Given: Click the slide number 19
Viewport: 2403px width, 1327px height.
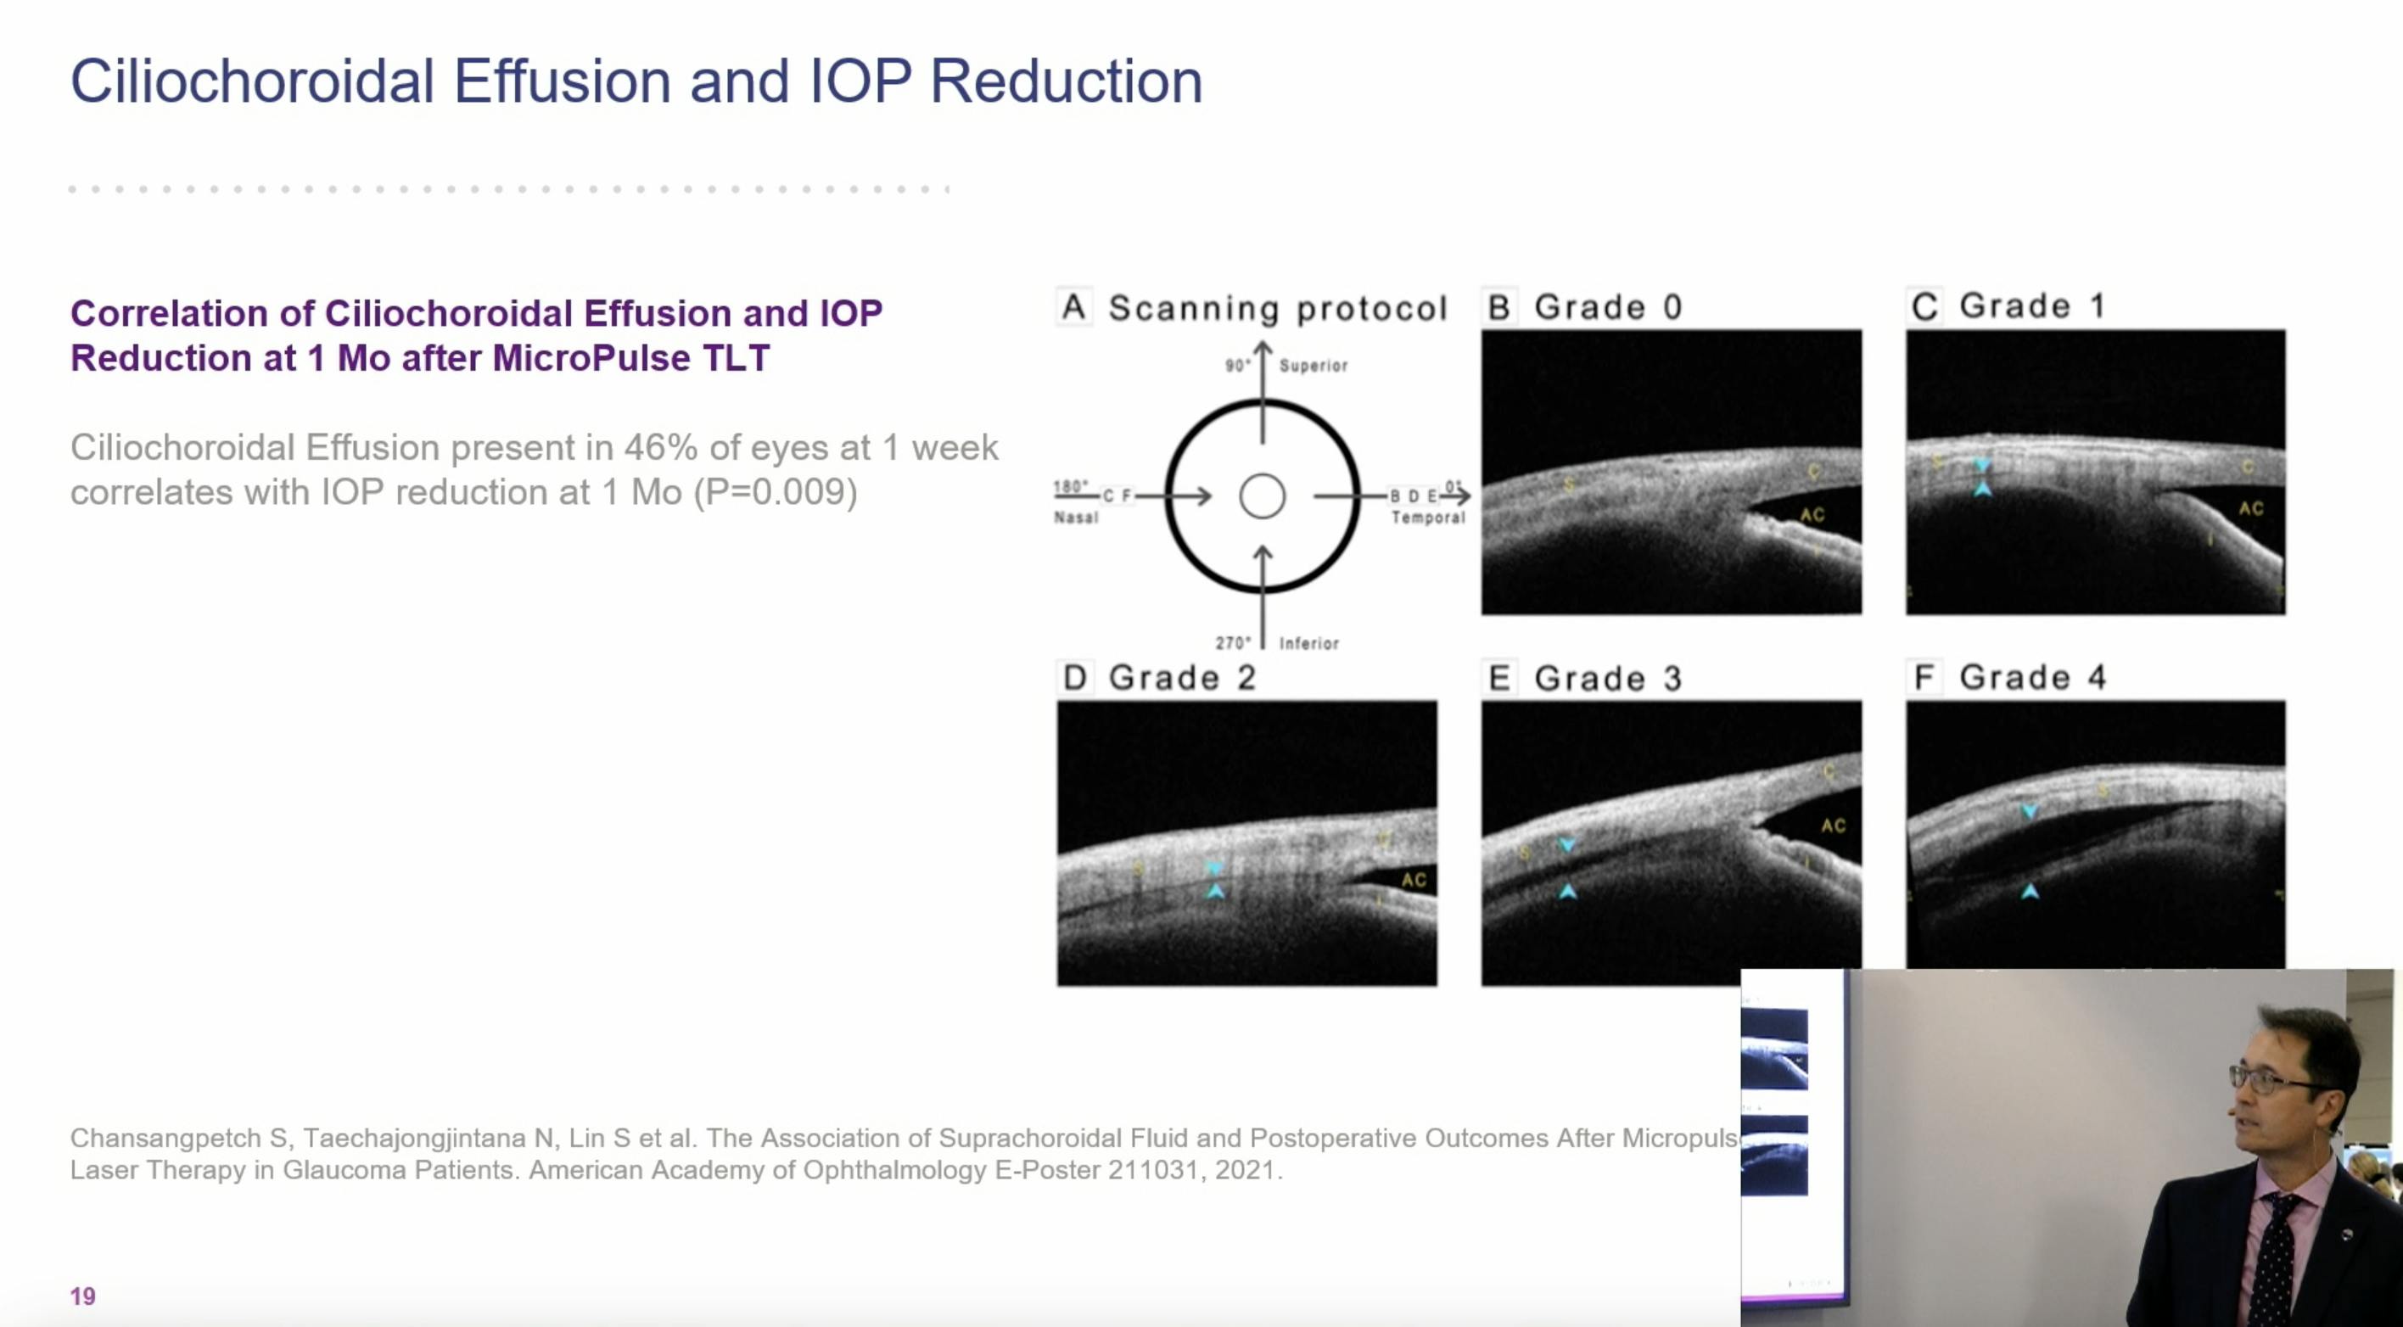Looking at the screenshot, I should coord(82,1296).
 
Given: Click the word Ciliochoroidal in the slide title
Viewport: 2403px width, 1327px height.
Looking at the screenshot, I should coord(253,81).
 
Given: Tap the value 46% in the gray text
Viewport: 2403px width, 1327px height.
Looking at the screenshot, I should coord(660,448).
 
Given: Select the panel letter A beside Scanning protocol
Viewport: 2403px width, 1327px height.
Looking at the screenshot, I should coord(1073,307).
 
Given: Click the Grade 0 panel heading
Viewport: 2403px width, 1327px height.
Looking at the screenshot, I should coord(1607,307).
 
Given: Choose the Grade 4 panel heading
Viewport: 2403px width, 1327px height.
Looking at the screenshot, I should coord(2031,677).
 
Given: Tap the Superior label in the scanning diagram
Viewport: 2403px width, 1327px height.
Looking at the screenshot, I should coord(1313,366).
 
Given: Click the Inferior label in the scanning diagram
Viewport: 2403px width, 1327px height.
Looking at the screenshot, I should coord(1308,643).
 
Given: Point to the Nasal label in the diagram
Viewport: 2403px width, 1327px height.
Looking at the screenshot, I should coord(1076,518).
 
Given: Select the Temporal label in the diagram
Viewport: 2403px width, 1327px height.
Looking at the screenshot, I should coord(1427,518).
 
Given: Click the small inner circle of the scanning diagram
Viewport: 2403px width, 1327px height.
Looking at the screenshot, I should coord(1262,496).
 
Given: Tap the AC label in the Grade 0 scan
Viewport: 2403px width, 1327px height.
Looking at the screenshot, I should coord(1812,515).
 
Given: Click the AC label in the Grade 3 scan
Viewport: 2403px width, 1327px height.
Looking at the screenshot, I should coord(1833,826).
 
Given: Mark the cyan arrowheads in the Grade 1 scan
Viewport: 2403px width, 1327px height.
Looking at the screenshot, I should coord(1982,477).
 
